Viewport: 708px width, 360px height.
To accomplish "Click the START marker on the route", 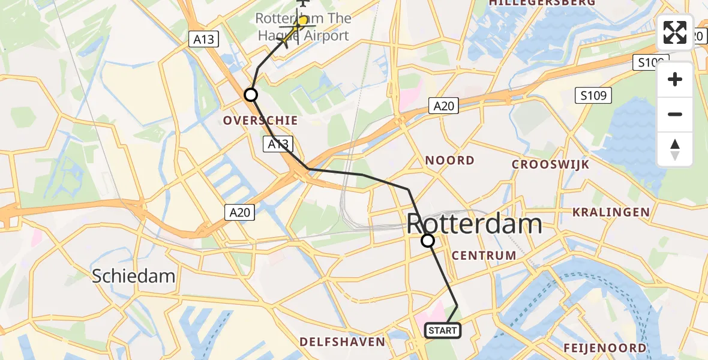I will [x=443, y=331].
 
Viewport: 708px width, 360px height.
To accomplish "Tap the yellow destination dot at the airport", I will [x=303, y=22].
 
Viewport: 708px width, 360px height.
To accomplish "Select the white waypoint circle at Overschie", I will [x=251, y=95].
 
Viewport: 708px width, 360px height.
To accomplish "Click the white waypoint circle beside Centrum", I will [x=428, y=241].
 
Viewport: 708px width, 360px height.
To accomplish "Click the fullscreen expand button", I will [x=675, y=32].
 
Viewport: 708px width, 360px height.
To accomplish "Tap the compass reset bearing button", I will [x=675, y=149].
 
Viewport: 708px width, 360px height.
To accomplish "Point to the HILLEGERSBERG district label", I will [x=542, y=3].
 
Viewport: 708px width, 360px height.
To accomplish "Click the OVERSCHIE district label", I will [x=260, y=121].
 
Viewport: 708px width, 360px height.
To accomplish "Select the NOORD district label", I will [x=449, y=161].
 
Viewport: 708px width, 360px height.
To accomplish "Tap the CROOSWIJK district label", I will [x=550, y=164].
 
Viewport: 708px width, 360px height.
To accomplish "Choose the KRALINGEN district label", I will [x=611, y=212].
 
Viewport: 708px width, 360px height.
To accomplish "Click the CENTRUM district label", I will [x=484, y=256].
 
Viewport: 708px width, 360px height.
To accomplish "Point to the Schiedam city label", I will [x=133, y=276].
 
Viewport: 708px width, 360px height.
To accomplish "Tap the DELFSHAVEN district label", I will [x=342, y=342].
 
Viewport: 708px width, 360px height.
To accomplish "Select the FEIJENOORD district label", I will [x=605, y=348].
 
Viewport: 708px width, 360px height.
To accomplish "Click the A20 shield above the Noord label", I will [x=445, y=106].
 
